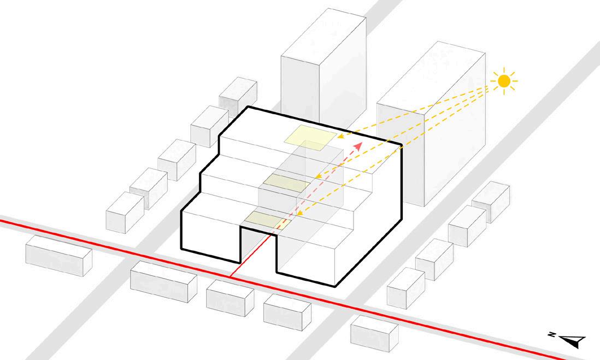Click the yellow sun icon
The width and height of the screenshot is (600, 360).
coord(504,81)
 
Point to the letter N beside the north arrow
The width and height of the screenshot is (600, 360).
coord(552,334)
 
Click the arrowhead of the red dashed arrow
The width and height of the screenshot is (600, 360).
coord(359,145)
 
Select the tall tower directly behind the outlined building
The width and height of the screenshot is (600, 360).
coord(322,60)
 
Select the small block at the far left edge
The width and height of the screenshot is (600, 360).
coord(58,256)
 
